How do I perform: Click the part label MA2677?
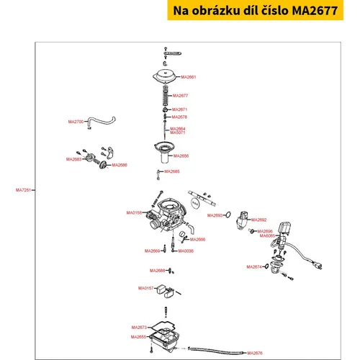[180, 96]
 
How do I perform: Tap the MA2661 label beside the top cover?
[189, 77]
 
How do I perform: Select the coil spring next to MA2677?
[165, 96]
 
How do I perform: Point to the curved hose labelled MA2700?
[101, 120]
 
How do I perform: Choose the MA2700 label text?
[76, 122]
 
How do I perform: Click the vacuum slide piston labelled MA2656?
[164, 152]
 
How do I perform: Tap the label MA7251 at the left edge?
[23, 190]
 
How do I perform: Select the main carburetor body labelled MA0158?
[167, 215]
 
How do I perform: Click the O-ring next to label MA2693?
[228, 215]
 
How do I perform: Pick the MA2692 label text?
[258, 220]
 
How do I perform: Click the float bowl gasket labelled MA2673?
[163, 326]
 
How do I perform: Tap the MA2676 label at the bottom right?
[255, 353]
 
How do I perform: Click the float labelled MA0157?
[165, 291]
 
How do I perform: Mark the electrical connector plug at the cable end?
[317, 266]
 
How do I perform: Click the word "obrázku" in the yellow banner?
[212, 11]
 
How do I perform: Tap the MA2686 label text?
[120, 165]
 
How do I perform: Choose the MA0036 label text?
[186, 251]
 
